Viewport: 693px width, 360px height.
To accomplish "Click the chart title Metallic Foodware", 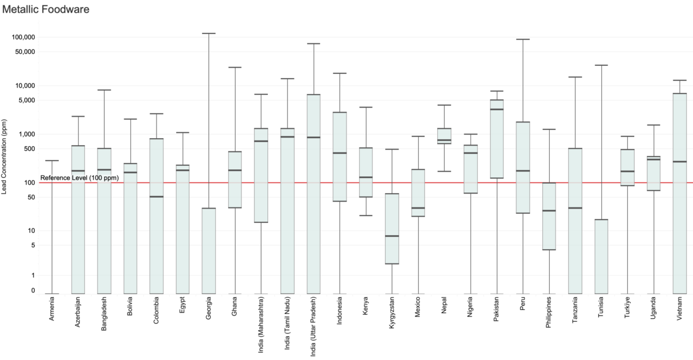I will coord(46,9).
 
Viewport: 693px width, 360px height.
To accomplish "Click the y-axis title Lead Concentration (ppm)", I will coord(5,156).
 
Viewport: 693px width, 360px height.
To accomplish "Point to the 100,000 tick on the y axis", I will coord(23,37).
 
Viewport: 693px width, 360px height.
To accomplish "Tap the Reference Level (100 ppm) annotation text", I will coord(80,178).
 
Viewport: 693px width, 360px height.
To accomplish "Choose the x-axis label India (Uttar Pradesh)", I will coord(314,326).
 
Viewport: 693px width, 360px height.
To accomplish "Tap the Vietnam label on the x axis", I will coord(680,310).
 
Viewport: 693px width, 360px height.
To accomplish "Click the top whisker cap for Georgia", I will coord(208,34).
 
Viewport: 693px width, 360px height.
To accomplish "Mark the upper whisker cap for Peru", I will coord(523,39).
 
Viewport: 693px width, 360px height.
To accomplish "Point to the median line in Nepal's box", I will coord(444,140).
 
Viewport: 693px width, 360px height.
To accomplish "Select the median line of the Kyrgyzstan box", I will coord(392,236).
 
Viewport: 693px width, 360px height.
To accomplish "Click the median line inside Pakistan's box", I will coord(497,109).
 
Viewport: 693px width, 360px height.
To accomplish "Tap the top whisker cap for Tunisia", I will coord(601,65).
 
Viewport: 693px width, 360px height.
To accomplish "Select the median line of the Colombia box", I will coord(157,196).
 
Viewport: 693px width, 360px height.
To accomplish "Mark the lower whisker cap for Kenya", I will coord(366,216).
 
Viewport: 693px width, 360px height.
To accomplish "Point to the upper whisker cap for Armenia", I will coord(52,161).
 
